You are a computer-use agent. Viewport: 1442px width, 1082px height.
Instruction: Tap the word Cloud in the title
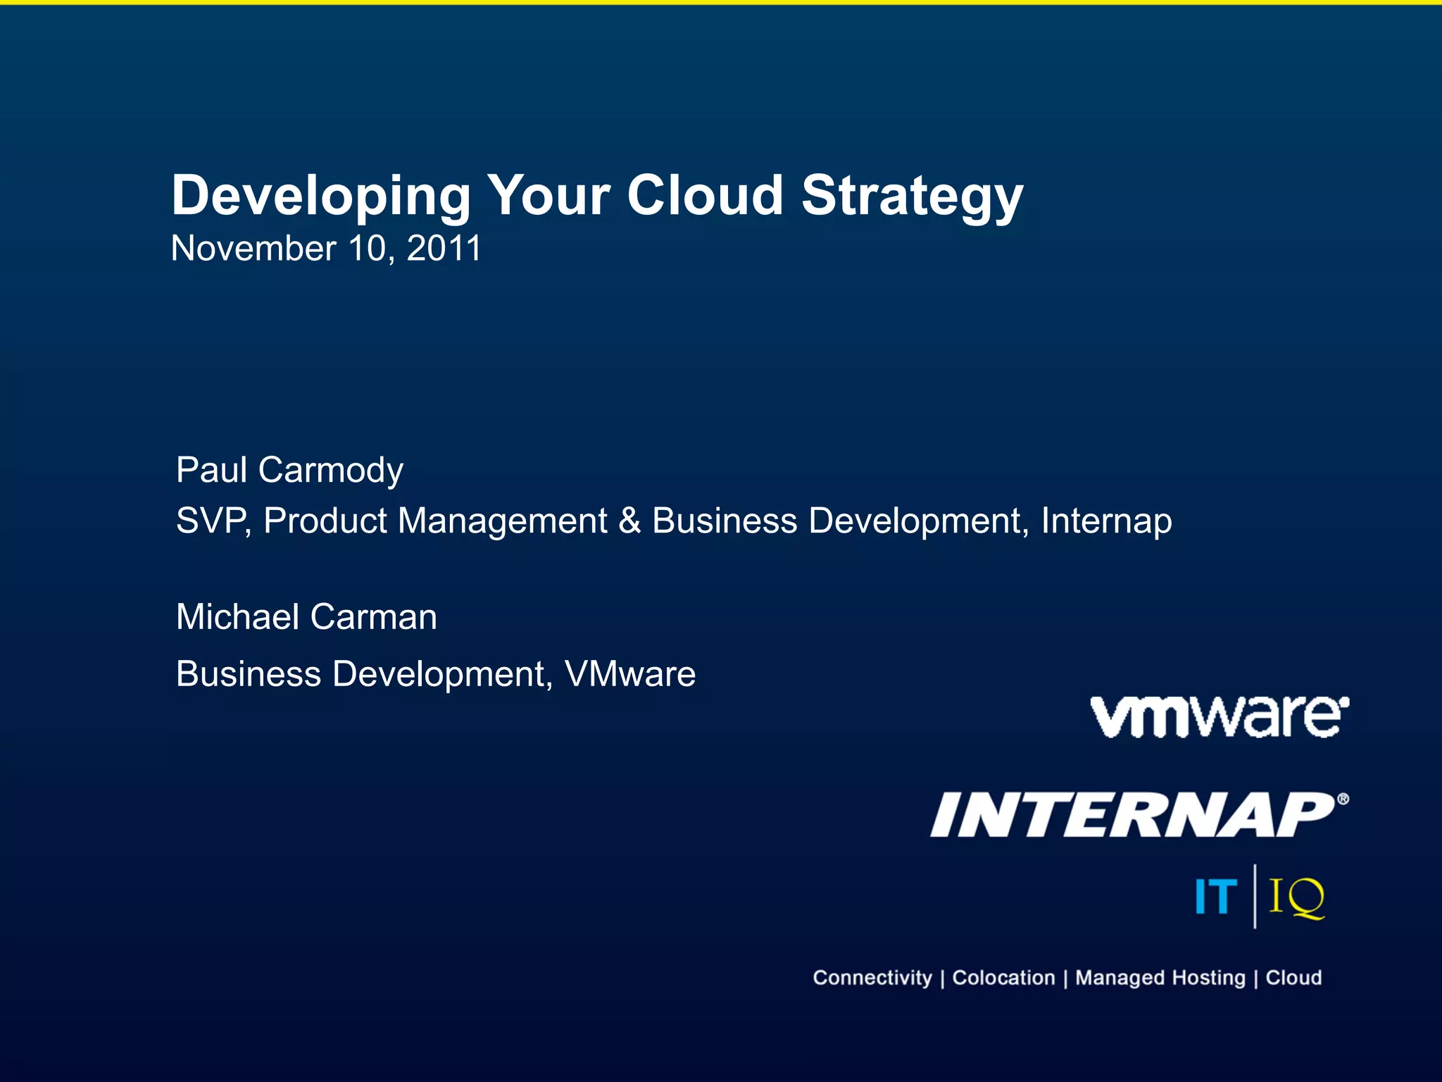(705, 195)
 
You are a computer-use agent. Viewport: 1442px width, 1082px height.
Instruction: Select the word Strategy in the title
(912, 197)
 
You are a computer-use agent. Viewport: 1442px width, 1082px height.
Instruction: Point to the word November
(253, 249)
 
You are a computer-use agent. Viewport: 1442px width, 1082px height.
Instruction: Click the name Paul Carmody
(289, 470)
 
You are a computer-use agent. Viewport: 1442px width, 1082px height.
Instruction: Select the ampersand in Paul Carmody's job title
(629, 521)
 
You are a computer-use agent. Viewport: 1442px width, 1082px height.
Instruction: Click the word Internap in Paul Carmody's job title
(1106, 521)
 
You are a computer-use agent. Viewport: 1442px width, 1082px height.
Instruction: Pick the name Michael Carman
(306, 617)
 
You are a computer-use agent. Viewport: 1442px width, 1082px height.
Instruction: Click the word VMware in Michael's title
(630, 674)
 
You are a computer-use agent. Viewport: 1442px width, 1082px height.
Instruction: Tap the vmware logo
(1219, 717)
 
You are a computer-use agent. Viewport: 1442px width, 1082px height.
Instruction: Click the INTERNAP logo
(1134, 815)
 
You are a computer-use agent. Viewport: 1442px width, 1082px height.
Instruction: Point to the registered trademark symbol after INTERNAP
(1343, 799)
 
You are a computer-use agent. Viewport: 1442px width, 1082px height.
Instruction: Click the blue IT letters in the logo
(1216, 897)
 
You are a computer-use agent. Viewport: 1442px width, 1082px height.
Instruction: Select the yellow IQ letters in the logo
(1296, 897)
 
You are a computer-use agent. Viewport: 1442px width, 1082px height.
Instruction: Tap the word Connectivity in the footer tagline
(872, 978)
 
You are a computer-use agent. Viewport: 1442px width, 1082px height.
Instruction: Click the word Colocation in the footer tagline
(1003, 978)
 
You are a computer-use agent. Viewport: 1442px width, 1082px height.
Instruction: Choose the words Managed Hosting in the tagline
(1160, 978)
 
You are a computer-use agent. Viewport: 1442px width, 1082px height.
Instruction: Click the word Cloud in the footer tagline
(1293, 978)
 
